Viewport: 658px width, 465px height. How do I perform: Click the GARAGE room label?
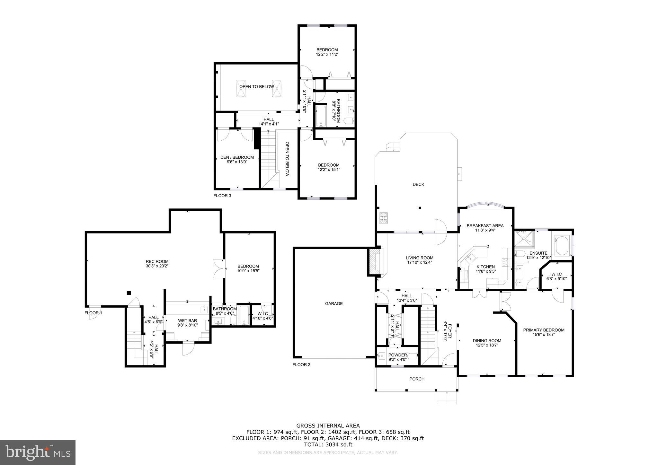[x=334, y=303]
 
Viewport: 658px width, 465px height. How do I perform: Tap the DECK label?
[x=418, y=184]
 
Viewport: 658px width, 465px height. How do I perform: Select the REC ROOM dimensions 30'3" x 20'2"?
[x=157, y=266]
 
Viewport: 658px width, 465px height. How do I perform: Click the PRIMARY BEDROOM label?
[x=544, y=330]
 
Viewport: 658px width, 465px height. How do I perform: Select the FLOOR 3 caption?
[x=222, y=196]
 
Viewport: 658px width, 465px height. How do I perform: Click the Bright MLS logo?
[x=38, y=452]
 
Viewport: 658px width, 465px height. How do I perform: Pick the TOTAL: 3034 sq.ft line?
[x=328, y=445]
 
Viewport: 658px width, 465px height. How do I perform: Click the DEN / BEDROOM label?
[x=237, y=157]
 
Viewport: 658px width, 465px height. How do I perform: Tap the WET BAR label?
[x=187, y=320]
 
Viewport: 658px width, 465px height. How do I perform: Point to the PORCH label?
[x=417, y=379]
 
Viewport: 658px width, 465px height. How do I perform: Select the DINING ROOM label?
[x=487, y=341]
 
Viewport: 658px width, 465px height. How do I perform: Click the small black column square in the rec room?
[x=129, y=293]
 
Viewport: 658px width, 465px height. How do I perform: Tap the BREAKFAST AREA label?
[x=485, y=226]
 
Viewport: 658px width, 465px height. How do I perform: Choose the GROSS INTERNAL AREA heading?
[x=328, y=426]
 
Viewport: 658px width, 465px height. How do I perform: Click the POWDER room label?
[x=397, y=355]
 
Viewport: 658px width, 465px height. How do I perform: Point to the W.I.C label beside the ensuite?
[x=556, y=274]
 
